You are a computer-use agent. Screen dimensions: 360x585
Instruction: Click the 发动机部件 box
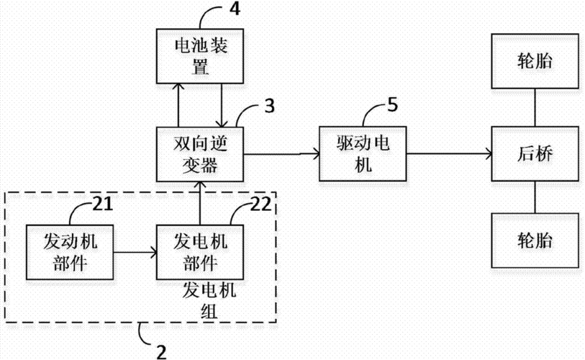70,252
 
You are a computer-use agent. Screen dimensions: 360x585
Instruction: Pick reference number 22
260,204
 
